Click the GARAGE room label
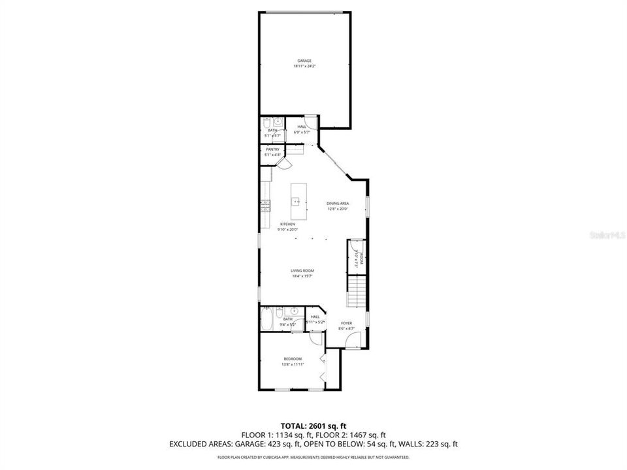click(304, 61)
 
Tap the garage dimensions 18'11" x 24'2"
click(304, 67)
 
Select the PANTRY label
click(272, 149)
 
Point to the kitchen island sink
click(296, 202)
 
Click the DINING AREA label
click(338, 204)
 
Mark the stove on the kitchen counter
click(266, 206)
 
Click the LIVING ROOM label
click(303, 270)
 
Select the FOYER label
click(346, 323)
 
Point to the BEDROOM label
click(292, 358)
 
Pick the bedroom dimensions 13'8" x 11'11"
click(292, 364)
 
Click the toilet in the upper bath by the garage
click(266, 121)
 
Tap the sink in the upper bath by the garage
click(278, 121)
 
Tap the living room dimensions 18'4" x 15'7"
click(303, 276)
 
